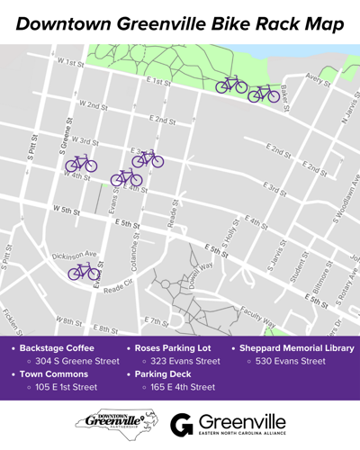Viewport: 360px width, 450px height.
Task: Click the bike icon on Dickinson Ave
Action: tap(85, 271)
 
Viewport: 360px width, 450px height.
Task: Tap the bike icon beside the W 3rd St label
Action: tap(81, 164)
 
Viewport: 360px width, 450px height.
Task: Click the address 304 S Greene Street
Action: tap(76, 361)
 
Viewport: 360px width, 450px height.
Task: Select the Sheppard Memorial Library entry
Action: tap(294, 346)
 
